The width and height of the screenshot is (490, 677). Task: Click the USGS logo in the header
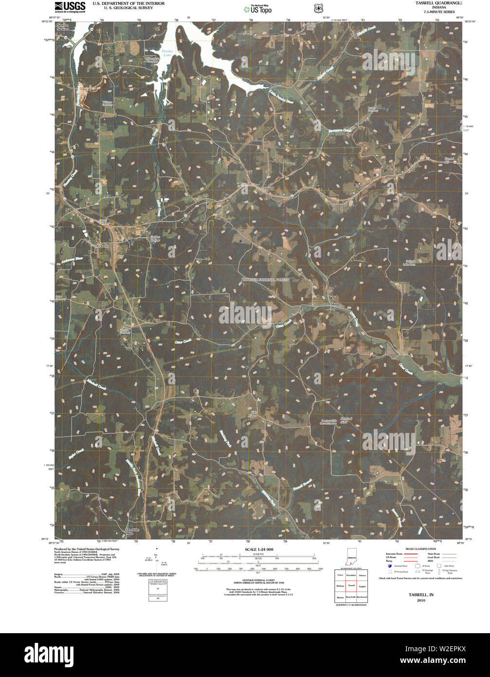(70, 7)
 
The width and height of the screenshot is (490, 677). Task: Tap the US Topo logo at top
(258, 9)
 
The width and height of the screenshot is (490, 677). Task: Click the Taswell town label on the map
(268, 188)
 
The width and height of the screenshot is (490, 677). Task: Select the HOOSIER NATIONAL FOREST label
(266, 280)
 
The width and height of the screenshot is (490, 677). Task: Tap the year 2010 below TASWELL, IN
(421, 600)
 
